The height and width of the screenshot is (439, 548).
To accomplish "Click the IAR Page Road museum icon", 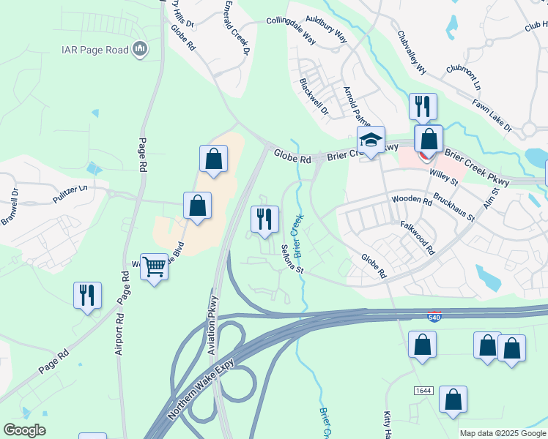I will click(139, 50).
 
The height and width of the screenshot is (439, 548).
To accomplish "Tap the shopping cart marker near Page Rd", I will click(154, 267).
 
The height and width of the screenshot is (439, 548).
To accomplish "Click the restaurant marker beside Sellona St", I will click(264, 219).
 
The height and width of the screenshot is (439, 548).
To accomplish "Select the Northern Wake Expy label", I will click(199, 394).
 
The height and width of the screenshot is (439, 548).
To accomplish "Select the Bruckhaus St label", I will click(454, 208).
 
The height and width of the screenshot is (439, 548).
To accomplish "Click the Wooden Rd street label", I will click(412, 199).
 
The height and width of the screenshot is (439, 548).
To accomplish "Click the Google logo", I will click(24, 429).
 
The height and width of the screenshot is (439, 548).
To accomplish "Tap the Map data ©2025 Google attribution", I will click(503, 433).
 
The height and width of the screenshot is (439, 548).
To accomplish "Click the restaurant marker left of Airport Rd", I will click(87, 295).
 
